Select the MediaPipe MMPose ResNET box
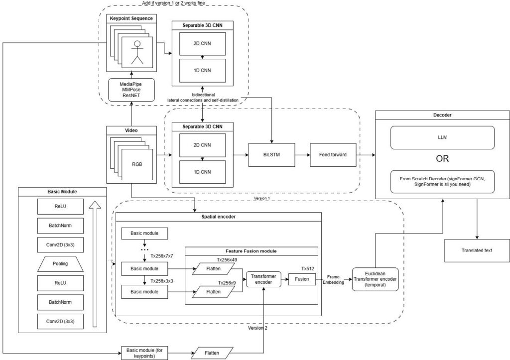pos(131,90)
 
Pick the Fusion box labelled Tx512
pos(302,279)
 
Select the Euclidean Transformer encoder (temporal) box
pos(375,279)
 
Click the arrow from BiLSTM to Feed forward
pos(302,155)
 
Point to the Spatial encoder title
pos(218,217)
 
